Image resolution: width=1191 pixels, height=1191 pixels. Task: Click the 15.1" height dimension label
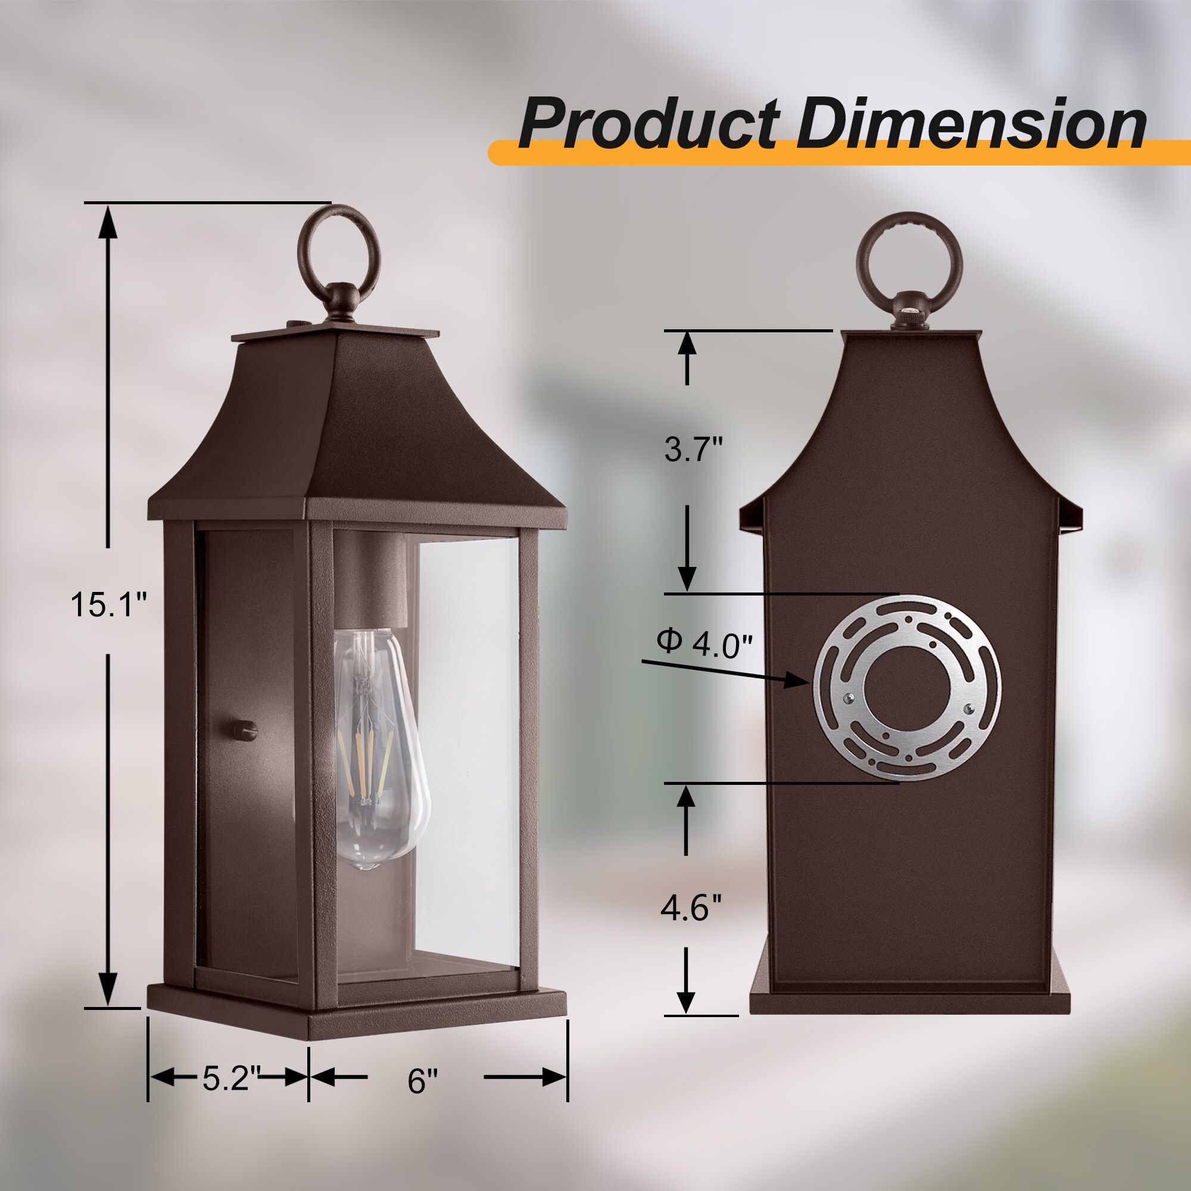(109, 603)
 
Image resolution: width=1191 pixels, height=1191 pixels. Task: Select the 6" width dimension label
(422, 1080)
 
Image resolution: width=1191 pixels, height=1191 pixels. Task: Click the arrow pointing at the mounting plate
(728, 671)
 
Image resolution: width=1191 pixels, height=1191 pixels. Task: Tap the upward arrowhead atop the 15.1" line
(108, 222)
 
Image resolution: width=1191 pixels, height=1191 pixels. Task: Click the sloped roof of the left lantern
(345, 432)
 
